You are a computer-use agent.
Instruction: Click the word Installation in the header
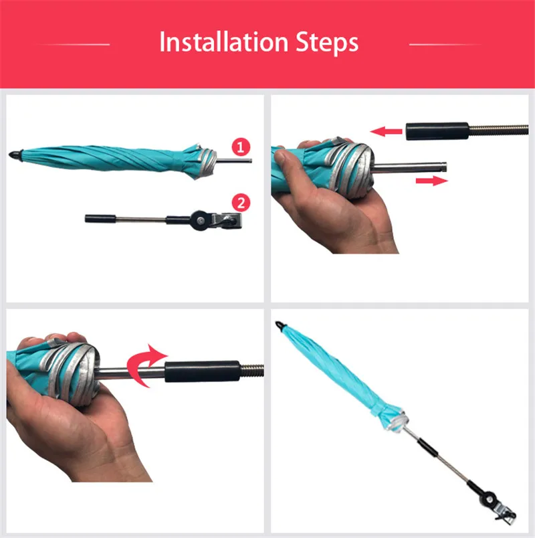click(x=223, y=42)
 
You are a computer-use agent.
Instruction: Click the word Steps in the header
click(x=327, y=43)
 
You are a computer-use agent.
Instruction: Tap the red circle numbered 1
click(x=241, y=147)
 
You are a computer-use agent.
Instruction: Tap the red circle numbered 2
click(x=241, y=203)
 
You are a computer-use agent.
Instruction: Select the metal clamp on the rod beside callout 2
click(x=226, y=221)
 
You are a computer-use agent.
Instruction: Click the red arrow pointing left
click(x=386, y=131)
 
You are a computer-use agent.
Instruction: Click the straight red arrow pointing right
click(x=432, y=181)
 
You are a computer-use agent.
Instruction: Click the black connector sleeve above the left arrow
click(x=437, y=131)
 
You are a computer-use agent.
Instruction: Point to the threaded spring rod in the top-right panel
click(x=498, y=130)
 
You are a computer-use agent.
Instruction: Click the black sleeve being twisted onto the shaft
click(x=202, y=371)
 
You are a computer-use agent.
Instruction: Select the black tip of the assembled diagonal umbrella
click(x=280, y=325)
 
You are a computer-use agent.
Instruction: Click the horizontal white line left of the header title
click(x=74, y=44)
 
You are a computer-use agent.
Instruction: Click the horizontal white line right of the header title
click(x=445, y=44)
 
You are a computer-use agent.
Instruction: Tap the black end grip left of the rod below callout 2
click(x=100, y=219)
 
